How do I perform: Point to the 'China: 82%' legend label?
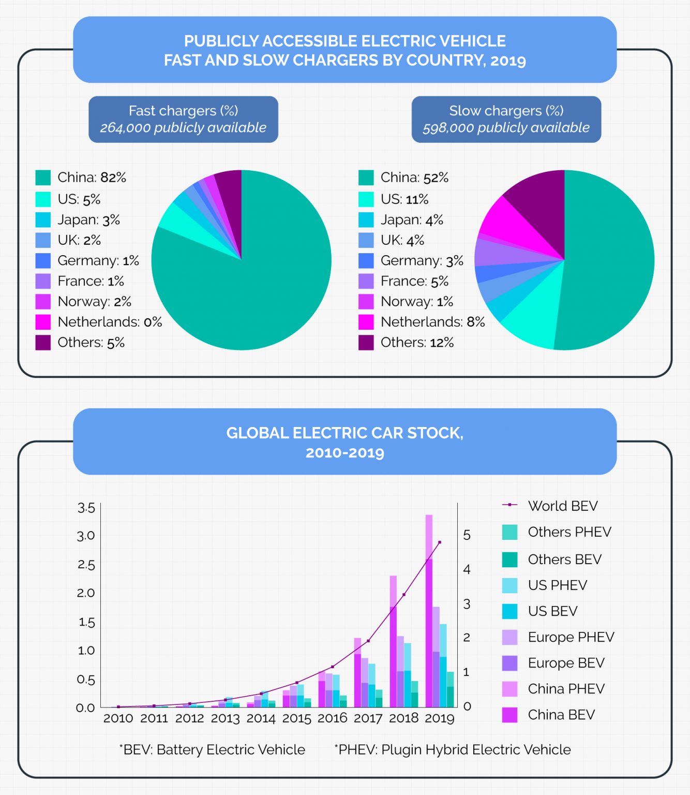coord(92,178)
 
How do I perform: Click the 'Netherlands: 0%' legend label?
coord(110,322)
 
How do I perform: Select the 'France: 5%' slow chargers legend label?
coord(414,281)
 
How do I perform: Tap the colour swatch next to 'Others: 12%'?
coord(366,343)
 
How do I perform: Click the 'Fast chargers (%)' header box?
coord(183,119)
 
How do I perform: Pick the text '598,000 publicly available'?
coord(506,128)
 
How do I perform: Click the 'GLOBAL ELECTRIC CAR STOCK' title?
coord(344,433)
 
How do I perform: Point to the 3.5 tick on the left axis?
coord(86,508)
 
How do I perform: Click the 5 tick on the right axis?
coord(467,535)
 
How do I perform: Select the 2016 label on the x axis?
coord(332,718)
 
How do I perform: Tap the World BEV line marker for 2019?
coord(440,542)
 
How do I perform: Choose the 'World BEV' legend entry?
coord(562,506)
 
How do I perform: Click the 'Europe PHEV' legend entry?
coord(571,637)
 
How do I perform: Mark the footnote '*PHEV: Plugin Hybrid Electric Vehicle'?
coord(453,749)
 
